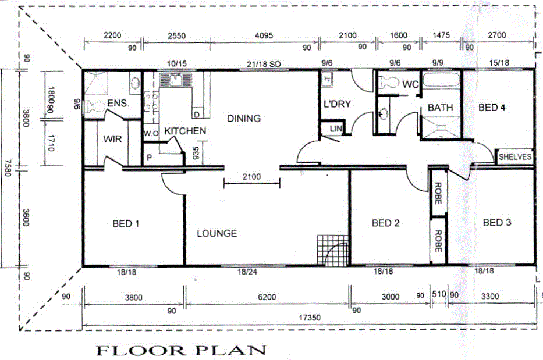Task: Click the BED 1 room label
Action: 126,223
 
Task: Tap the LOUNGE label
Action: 217,233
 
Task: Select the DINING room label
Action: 244,119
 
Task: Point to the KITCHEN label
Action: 184,131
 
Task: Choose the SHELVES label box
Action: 515,157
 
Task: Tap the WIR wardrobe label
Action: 112,140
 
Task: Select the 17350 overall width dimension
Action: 309,319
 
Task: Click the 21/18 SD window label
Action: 261,63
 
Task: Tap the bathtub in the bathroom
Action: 441,81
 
